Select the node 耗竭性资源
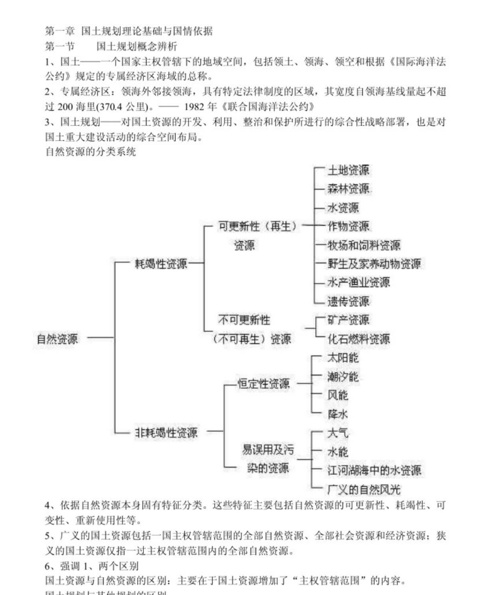pyautogui.click(x=161, y=264)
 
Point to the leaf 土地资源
pyautogui.click(x=349, y=170)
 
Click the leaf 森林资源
pyautogui.click(x=349, y=189)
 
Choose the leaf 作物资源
pyautogui.click(x=349, y=226)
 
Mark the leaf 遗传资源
pyautogui.click(x=349, y=301)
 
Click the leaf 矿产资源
pyautogui.click(x=349, y=320)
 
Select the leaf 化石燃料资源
pyautogui.click(x=359, y=339)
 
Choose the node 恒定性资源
pyautogui.click(x=263, y=384)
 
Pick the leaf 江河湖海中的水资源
pyautogui.click(x=374, y=470)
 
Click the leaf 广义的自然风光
pyautogui.click(x=364, y=489)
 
